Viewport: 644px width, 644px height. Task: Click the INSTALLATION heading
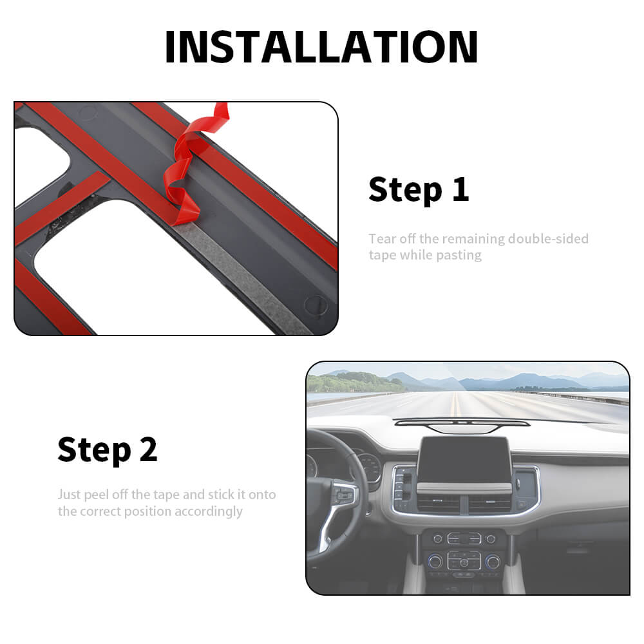(x=321, y=47)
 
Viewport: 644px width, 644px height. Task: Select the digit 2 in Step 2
(x=149, y=450)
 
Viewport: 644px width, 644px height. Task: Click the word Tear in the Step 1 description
(x=382, y=239)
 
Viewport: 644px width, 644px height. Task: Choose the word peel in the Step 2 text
(x=97, y=495)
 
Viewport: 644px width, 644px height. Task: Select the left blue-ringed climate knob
(x=435, y=561)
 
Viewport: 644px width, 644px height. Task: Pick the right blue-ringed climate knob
(x=493, y=562)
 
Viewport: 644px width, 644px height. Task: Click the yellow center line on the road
(x=454, y=404)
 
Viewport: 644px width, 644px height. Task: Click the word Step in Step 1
(x=405, y=190)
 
